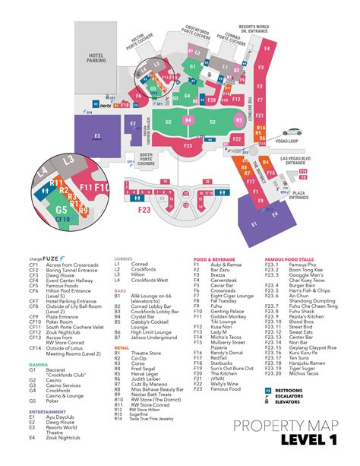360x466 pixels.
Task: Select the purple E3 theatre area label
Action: pos(96,138)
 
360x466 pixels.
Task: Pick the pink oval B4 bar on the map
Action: pos(188,120)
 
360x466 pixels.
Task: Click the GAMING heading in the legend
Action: pos(38,343)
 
